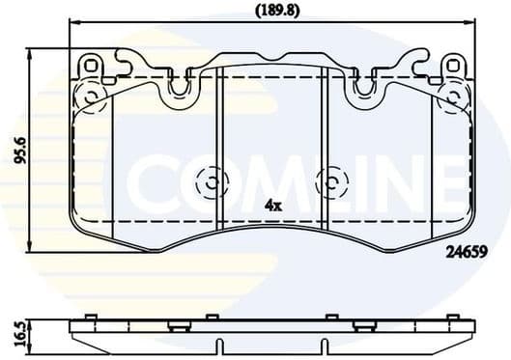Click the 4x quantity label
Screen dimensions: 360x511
[x=272, y=206]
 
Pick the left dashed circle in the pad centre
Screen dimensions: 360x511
[x=210, y=180]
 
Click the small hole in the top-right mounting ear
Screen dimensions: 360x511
[x=450, y=65]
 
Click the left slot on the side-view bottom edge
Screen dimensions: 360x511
[x=221, y=346]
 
